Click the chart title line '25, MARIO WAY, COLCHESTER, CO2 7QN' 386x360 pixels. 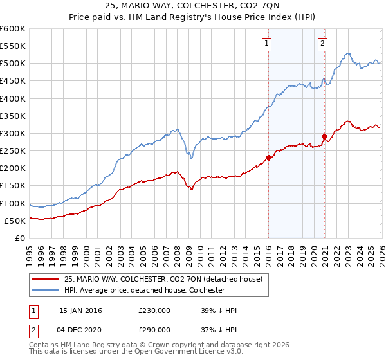[x=192, y=6]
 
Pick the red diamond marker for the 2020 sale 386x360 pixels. [x=325, y=136]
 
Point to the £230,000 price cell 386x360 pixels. [x=154, y=310]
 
